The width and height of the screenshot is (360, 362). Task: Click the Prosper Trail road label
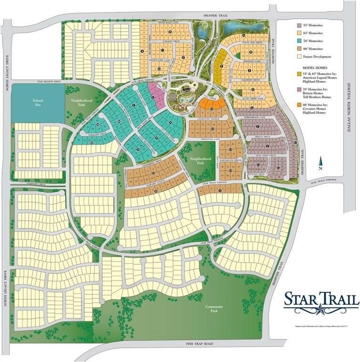pos(216,15)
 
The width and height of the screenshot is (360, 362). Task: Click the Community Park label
pos(214,309)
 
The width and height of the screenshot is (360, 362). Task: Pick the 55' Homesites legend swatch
pos(299,25)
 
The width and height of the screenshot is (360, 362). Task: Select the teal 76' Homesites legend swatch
pos(299,41)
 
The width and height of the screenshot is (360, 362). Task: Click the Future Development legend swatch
pos(299,57)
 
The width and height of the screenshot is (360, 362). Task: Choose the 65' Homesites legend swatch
pos(299,33)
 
